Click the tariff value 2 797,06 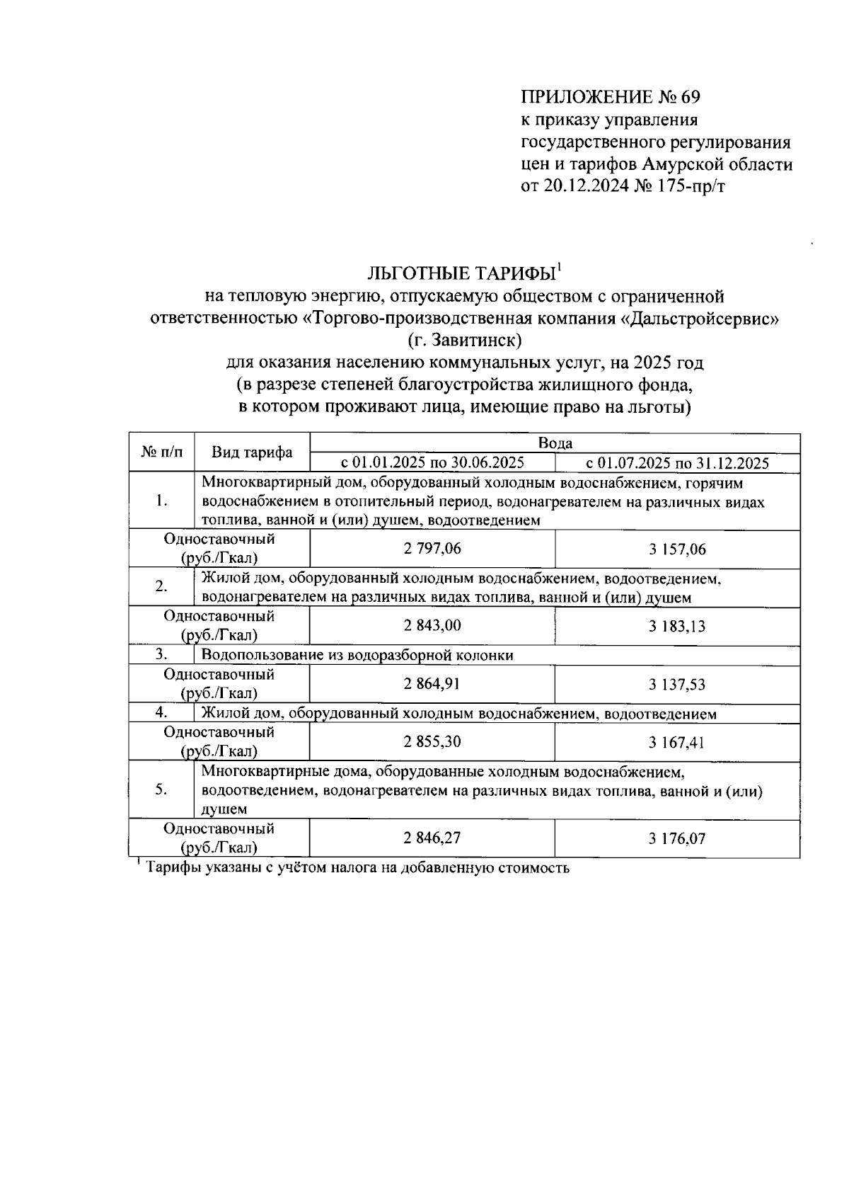coord(432,548)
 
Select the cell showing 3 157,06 coord(677,549)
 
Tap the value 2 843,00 coord(432,625)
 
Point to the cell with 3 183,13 coord(677,627)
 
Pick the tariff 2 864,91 coord(432,683)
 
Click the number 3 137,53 coord(677,685)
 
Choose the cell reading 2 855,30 coord(432,741)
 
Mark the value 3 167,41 coord(677,743)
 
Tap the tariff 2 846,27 coord(432,838)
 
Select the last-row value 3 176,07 coord(677,839)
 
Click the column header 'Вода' coord(555,443)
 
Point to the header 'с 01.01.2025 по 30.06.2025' coord(432,463)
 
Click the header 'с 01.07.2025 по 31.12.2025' coord(677,464)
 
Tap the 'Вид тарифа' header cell coord(252,453)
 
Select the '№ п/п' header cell coord(161,452)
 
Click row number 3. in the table coord(161,655)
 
